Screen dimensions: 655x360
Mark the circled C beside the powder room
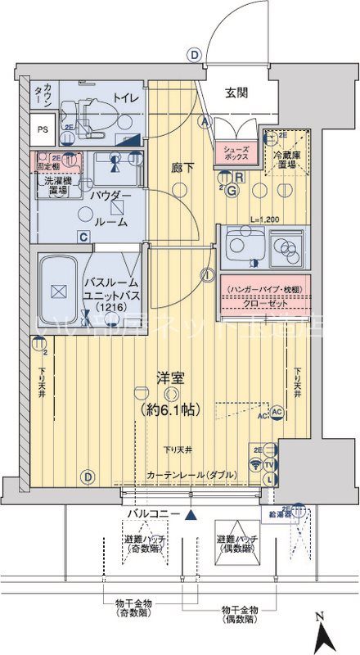coord(83,237)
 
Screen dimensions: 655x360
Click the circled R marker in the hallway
coord(238,176)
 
